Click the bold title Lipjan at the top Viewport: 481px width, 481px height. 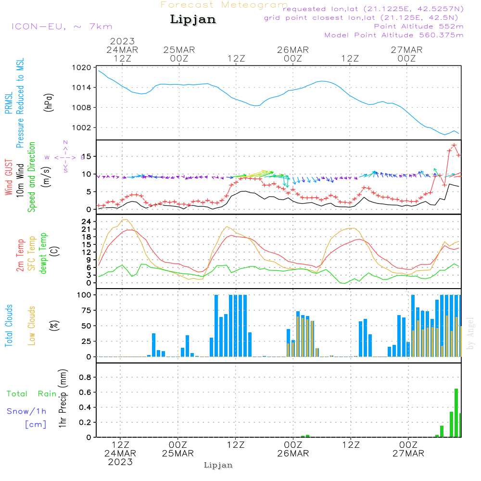click(x=193, y=20)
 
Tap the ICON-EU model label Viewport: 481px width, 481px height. click(x=62, y=26)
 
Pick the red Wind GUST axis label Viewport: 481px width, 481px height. click(x=9, y=178)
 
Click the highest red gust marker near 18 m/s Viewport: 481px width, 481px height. click(x=454, y=145)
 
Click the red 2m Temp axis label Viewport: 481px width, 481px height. click(x=20, y=255)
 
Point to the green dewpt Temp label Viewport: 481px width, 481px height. click(x=43, y=253)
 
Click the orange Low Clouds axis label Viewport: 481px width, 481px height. click(x=32, y=325)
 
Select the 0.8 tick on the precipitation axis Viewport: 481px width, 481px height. click(x=85, y=378)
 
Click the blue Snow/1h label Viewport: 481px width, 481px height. click(x=26, y=411)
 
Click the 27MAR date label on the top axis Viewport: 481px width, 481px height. click(x=406, y=50)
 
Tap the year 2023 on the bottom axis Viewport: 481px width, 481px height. click(x=120, y=462)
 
